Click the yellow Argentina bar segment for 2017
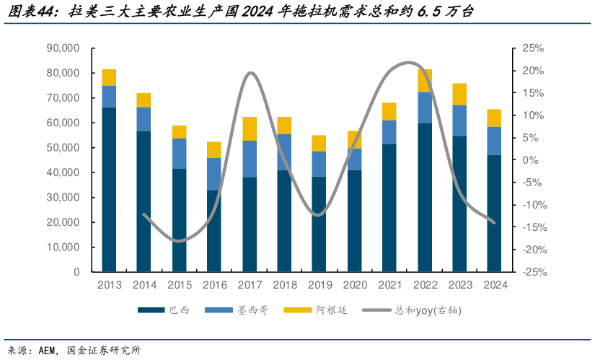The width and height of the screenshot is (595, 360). click(x=250, y=128)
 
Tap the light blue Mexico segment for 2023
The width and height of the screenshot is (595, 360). click(x=459, y=120)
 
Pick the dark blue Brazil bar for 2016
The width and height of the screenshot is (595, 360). click(x=214, y=231)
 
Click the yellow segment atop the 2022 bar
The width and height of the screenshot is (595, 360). click(x=425, y=81)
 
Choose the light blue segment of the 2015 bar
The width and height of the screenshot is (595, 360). click(x=179, y=153)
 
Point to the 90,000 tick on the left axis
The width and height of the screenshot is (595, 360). click(x=63, y=48)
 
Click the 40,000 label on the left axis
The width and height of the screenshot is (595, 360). click(x=63, y=172)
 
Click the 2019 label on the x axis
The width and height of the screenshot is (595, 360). click(x=319, y=285)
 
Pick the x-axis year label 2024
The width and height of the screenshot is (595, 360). click(x=495, y=285)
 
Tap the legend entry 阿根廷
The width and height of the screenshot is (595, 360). click(x=330, y=310)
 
